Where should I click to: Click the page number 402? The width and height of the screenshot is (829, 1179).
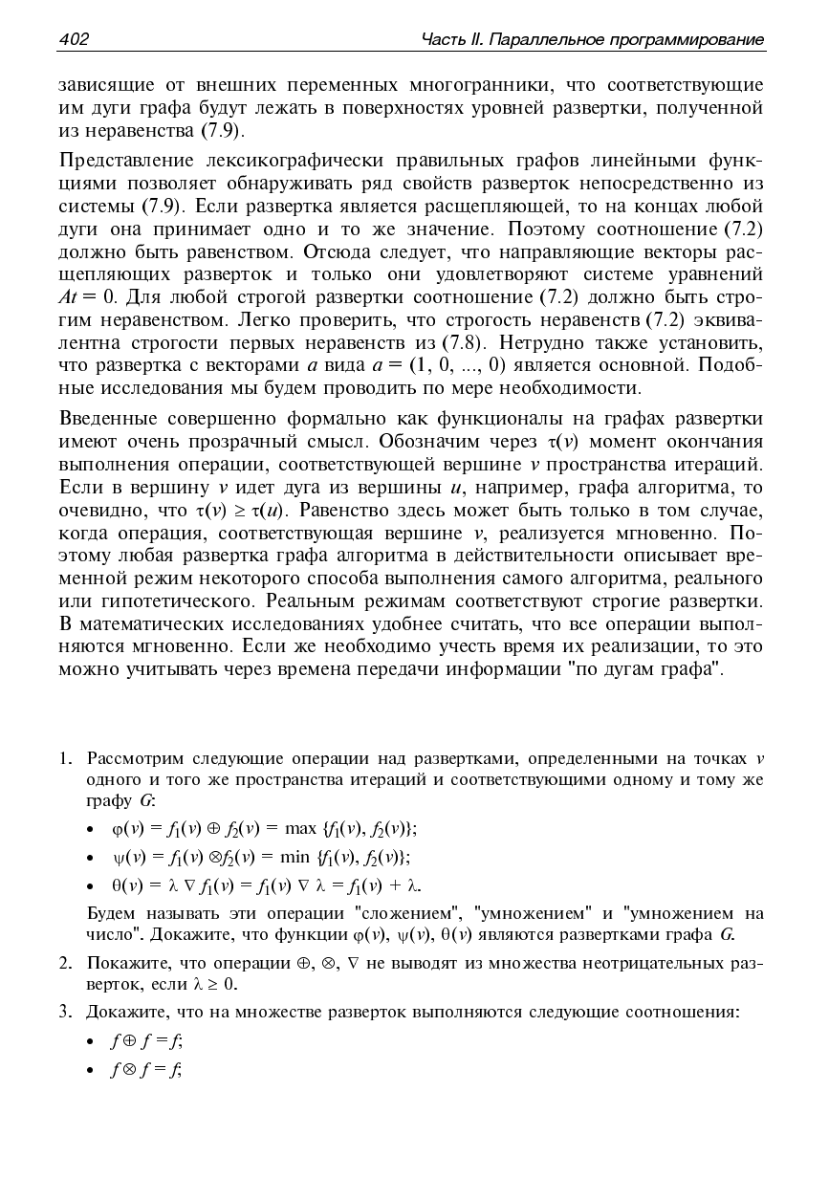(x=74, y=39)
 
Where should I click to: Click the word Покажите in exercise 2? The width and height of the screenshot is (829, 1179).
(x=119, y=962)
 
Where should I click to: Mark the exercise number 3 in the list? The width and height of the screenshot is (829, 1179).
(x=64, y=1011)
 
